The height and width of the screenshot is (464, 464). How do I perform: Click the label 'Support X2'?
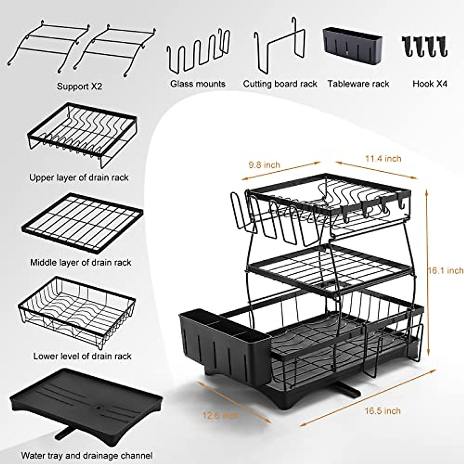coord(79,86)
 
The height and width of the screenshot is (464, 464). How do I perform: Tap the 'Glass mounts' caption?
coord(198,84)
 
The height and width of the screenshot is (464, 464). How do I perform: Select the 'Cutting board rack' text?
coord(280,84)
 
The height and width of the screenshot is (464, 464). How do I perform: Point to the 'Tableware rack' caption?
coord(358,84)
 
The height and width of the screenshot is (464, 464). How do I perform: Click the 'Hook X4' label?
coord(430,84)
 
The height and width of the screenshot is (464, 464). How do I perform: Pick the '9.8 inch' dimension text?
coord(264,165)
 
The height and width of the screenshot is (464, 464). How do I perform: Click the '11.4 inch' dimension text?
coord(383,158)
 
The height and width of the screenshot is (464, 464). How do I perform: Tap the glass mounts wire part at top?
coord(197,54)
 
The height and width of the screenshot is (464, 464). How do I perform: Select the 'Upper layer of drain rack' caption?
coord(79,177)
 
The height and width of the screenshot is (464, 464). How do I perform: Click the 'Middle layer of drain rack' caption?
coord(81,263)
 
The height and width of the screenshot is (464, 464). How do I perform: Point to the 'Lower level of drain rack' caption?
coord(82,356)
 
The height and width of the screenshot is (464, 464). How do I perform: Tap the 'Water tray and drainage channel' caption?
coord(87,455)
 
